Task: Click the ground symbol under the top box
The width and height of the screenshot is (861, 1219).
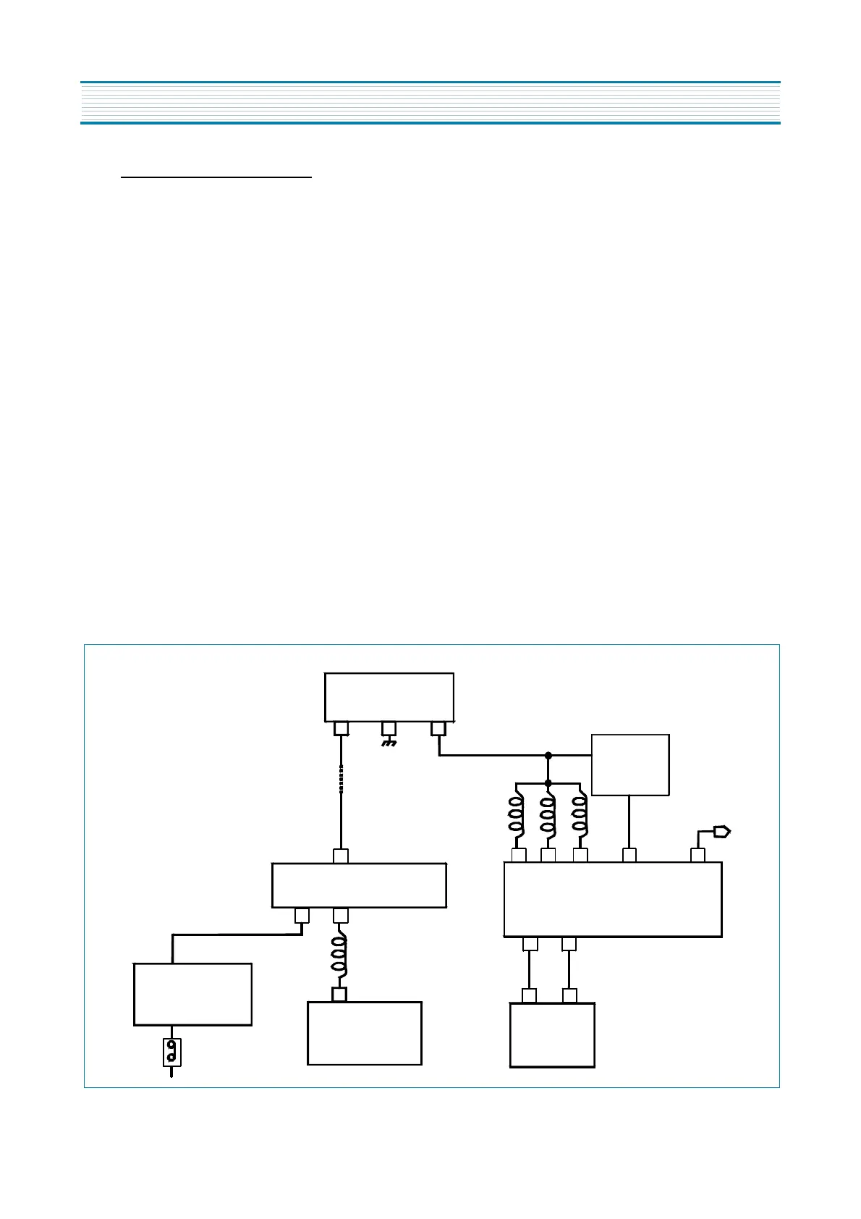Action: [389, 743]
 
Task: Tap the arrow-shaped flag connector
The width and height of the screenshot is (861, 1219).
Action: [722, 831]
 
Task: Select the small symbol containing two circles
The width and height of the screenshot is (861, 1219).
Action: [171, 1052]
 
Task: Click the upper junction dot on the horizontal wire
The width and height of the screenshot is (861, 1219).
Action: [548, 756]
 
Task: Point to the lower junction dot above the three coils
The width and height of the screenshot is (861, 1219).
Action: [548, 783]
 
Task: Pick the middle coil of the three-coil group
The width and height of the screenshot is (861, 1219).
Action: [548, 817]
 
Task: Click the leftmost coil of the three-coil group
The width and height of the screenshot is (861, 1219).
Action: [517, 817]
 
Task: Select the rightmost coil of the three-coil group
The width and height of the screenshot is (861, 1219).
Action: [580, 817]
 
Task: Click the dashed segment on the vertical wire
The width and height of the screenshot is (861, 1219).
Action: [341, 779]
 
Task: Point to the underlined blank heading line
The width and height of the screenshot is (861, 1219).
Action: [216, 176]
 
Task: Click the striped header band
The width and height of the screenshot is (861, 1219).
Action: [430, 103]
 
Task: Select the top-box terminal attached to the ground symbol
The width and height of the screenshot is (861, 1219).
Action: [389, 727]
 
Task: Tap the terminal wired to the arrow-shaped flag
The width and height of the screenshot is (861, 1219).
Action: [697, 856]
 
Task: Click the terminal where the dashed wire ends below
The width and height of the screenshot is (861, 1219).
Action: [341, 856]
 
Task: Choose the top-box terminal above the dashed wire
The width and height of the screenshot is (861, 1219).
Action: [341, 728]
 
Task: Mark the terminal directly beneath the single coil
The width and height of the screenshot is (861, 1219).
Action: [339, 995]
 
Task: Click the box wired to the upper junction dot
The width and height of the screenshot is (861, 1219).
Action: [630, 765]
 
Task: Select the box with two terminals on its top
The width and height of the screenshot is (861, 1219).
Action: [552, 1035]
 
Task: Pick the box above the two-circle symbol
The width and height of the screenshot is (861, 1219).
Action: [192, 994]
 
